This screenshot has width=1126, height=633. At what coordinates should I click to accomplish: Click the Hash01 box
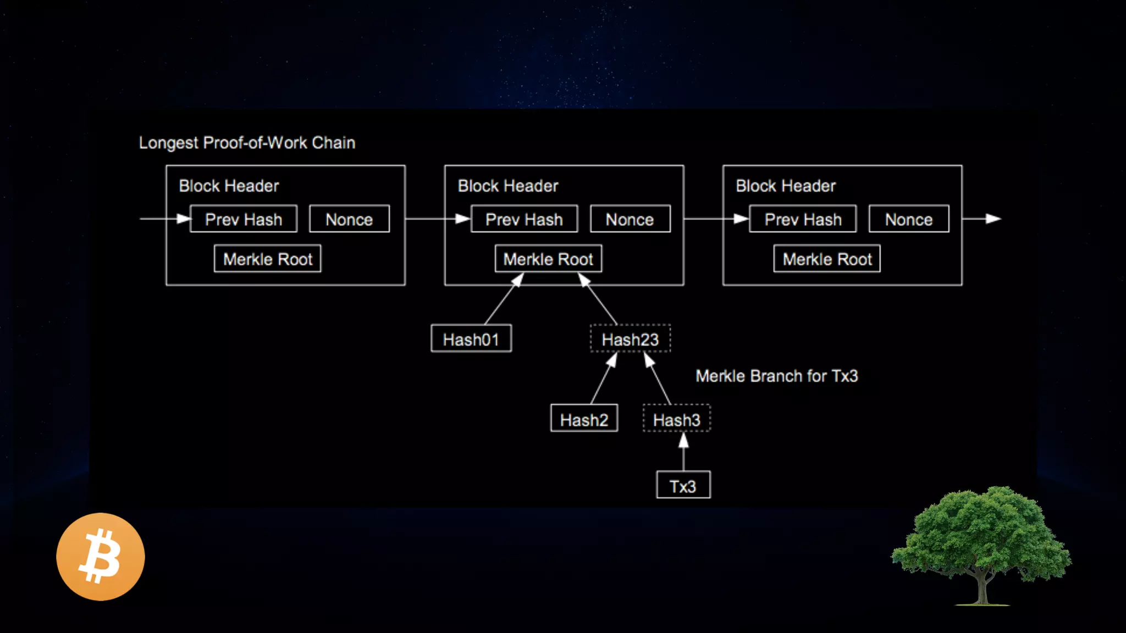pyautogui.click(x=471, y=338)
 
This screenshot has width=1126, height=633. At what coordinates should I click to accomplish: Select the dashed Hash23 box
pyautogui.click(x=630, y=338)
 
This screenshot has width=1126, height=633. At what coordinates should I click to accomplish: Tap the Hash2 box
pyautogui.click(x=584, y=419)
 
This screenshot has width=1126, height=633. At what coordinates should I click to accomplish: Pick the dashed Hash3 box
pyautogui.click(x=676, y=419)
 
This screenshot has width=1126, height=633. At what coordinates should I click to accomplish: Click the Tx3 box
pyautogui.click(x=683, y=485)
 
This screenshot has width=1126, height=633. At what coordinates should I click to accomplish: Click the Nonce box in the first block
pyautogui.click(x=349, y=219)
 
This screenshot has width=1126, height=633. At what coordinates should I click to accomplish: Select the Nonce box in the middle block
pyautogui.click(x=630, y=219)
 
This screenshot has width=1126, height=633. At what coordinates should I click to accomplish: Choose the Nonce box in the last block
pyautogui.click(x=909, y=219)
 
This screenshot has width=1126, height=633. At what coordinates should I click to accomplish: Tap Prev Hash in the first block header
pyautogui.click(x=244, y=219)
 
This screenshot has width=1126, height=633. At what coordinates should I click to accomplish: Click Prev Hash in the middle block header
pyautogui.click(x=525, y=219)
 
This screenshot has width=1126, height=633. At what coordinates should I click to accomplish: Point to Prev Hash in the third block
pyautogui.click(x=803, y=219)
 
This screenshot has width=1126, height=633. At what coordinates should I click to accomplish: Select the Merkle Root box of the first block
pyautogui.click(x=268, y=259)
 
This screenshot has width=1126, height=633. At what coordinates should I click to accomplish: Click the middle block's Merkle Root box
pyautogui.click(x=548, y=259)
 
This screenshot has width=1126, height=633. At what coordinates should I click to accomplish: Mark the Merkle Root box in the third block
pyautogui.click(x=827, y=259)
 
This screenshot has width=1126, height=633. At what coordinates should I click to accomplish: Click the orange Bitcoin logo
pyautogui.click(x=101, y=557)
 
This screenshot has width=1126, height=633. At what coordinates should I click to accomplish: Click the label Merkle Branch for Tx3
pyautogui.click(x=776, y=376)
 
